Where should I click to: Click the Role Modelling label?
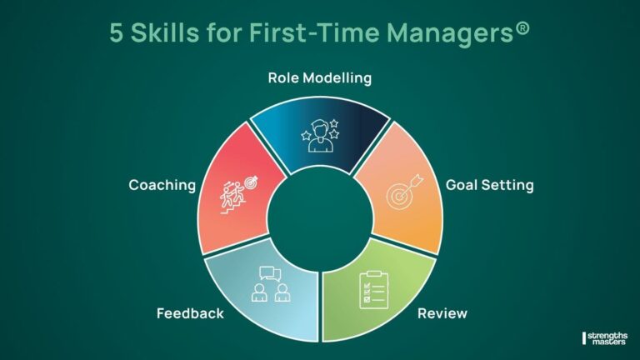(x=319, y=78)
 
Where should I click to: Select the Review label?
(x=442, y=313)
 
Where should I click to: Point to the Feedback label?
(x=190, y=314)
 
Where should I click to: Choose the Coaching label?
(x=161, y=185)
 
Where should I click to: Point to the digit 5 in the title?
(x=117, y=32)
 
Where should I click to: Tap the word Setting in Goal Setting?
(x=510, y=185)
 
